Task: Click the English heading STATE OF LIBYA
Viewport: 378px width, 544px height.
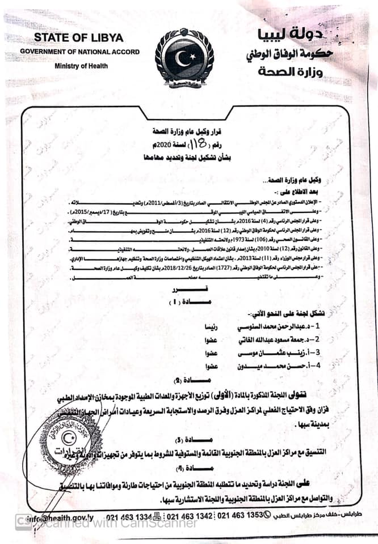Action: point(78,37)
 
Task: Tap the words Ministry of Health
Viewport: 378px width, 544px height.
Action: point(78,66)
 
